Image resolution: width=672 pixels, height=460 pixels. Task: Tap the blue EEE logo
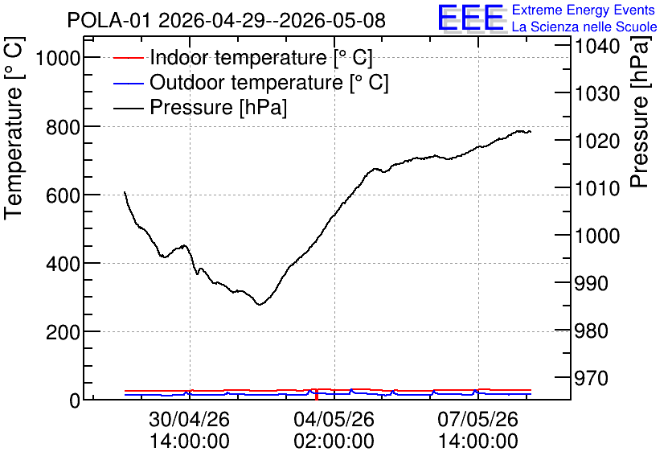click(471, 18)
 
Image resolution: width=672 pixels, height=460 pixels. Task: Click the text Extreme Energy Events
click(584, 10)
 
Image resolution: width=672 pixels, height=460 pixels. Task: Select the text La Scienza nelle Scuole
click(584, 27)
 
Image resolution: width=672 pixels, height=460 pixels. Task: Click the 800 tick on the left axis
click(63, 126)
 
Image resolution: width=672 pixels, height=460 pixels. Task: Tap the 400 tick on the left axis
click(63, 264)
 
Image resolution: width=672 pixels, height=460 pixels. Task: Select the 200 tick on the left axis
click(63, 332)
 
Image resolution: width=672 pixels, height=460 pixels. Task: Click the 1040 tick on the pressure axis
click(597, 46)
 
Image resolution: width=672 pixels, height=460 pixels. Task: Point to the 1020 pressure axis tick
click(597, 141)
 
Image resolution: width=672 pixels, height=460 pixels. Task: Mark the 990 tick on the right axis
click(592, 283)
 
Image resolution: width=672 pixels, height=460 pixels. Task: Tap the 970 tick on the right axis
click(592, 378)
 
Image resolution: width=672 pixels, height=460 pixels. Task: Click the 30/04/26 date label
click(190, 418)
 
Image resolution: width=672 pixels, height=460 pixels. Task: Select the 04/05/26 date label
click(334, 418)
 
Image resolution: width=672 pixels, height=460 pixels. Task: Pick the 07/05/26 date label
click(477, 418)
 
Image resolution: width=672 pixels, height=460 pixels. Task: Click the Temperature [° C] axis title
click(14, 129)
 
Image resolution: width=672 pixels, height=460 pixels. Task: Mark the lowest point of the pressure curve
click(260, 304)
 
